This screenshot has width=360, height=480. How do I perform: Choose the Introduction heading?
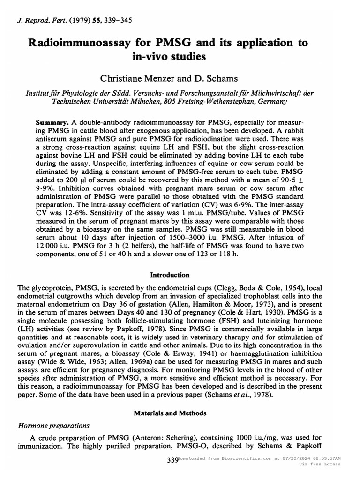pyautogui.click(x=170, y=275)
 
